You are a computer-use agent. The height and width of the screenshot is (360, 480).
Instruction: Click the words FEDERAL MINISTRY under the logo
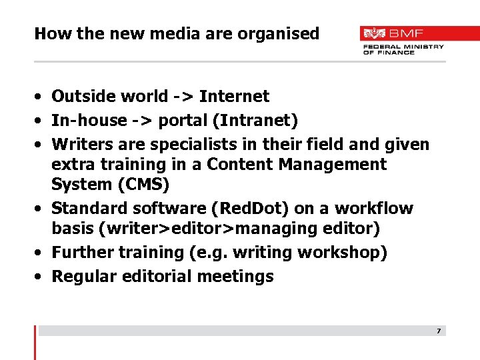(403, 47)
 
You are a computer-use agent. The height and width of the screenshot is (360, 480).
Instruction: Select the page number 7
(439, 331)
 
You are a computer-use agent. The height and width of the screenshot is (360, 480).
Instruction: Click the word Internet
(234, 97)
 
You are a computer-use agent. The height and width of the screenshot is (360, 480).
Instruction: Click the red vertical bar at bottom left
(35, 342)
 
